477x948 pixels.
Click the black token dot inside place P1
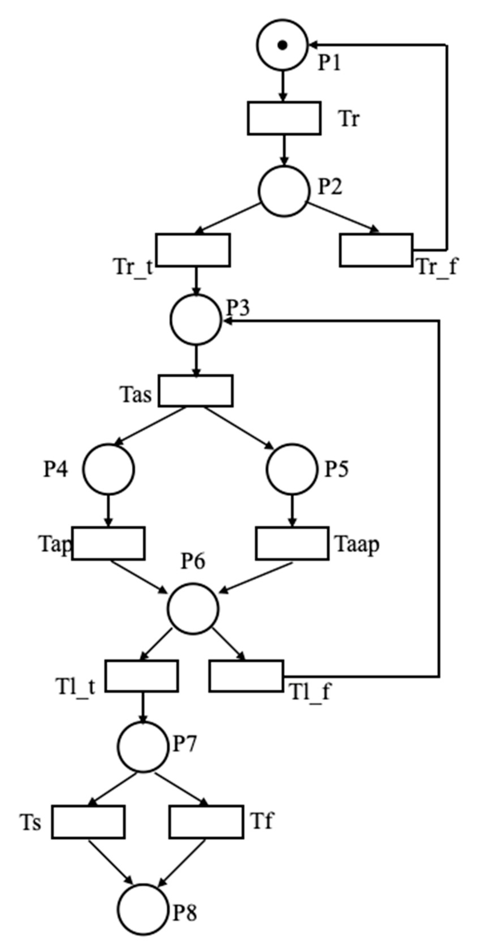tap(282, 45)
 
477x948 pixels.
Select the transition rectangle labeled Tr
tap(284, 118)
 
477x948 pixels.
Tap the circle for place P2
tap(283, 191)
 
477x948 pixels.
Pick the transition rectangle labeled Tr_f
tap(376, 250)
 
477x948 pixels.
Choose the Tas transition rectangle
tap(196, 391)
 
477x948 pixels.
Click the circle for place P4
tap(108, 469)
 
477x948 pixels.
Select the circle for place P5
tap(292, 469)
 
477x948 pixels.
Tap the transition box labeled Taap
tap(292, 543)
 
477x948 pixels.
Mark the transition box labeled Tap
tap(108, 543)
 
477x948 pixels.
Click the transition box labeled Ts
tap(88, 822)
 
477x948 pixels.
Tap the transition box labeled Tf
tap(206, 822)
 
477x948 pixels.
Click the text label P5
tap(336, 469)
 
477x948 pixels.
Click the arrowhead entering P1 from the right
tap(313, 45)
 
